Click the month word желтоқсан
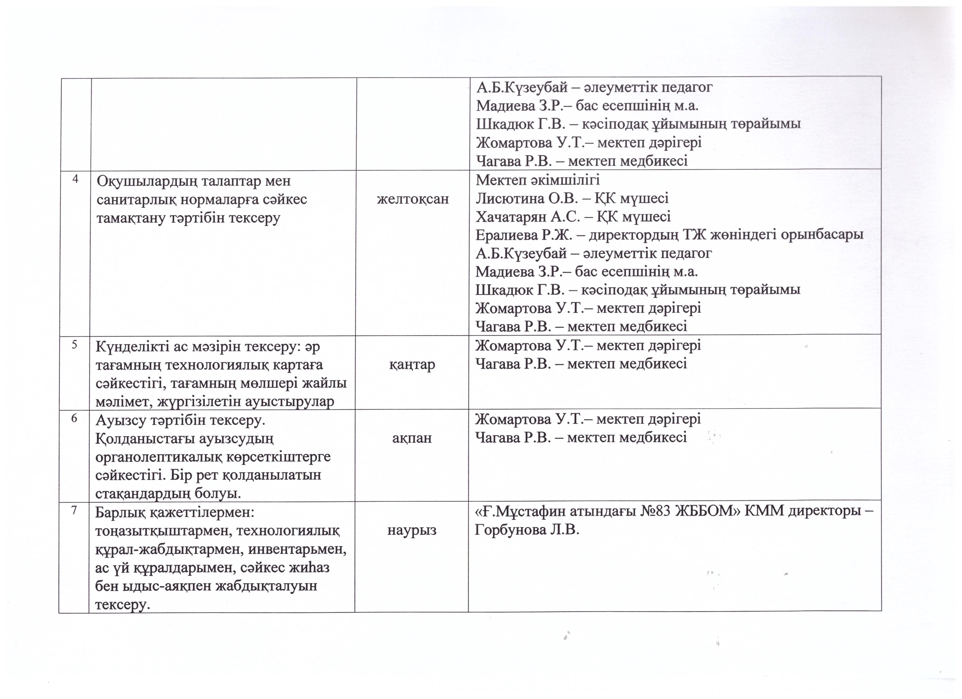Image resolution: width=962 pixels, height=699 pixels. click(413, 199)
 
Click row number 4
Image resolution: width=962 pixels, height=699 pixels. click(75, 179)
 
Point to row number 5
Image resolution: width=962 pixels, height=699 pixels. click(74, 345)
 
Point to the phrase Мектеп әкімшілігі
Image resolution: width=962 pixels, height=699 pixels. click(537, 180)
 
